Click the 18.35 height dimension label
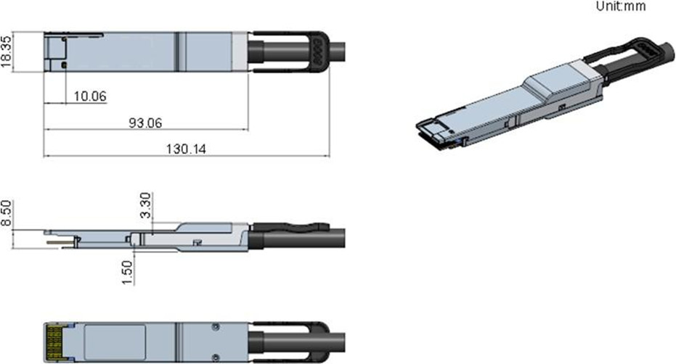click(6, 51)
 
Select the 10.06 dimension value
click(90, 96)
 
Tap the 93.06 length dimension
click(146, 123)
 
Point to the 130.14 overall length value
click(186, 149)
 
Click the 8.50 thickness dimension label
click(6, 212)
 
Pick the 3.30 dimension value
click(147, 205)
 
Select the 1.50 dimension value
click(127, 272)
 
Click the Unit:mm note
click(621, 6)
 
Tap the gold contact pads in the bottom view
click(54, 342)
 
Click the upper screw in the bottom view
click(216, 328)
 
